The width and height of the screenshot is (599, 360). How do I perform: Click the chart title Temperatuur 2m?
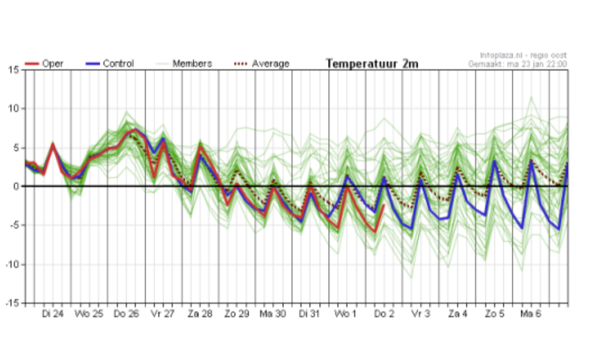coord(372,64)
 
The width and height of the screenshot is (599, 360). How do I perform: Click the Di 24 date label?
coord(52,314)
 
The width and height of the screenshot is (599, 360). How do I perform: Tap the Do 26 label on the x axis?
coord(126,314)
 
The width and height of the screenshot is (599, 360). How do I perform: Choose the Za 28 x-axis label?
coord(199,314)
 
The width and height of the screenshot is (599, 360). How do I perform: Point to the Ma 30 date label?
coord(273,314)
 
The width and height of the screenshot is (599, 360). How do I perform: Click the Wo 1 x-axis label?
coord(346,314)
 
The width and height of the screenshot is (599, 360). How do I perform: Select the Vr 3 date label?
coord(420,314)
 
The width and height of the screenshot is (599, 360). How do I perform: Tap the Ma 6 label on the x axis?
coord(530,314)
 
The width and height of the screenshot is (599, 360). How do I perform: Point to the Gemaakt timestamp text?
coord(517,64)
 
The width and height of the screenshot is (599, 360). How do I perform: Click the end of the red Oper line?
coord(384,205)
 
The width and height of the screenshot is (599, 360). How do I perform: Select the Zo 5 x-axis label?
coord(494,314)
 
